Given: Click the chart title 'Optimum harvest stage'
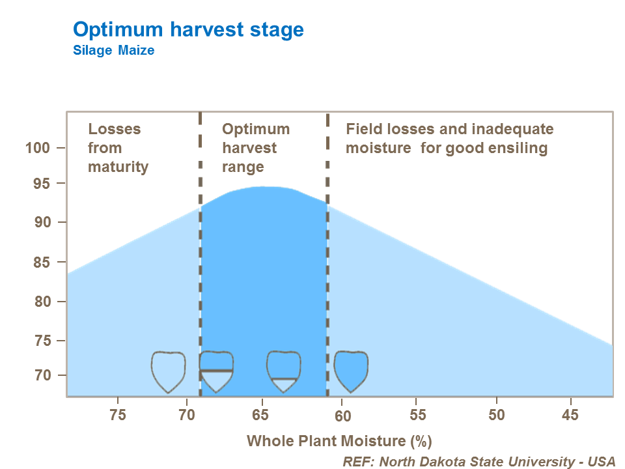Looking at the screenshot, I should pyautogui.click(x=188, y=29).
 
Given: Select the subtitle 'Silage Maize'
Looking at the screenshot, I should pyautogui.click(x=113, y=50).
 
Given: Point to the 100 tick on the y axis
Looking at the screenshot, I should pyautogui.click(x=38, y=148).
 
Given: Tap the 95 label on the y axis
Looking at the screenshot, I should pyautogui.click(x=42, y=184).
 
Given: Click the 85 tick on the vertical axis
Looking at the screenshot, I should pyautogui.click(x=42, y=263).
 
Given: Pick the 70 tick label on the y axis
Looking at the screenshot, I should pyautogui.click(x=42, y=376).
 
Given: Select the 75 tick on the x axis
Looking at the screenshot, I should pyautogui.click(x=117, y=415).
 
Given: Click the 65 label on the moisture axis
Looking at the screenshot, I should pyautogui.click(x=261, y=415).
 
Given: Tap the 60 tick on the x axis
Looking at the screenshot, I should pyautogui.click(x=344, y=415).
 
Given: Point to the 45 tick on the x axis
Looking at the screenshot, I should pyautogui.click(x=571, y=415).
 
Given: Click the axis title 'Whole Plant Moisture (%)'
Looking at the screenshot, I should pyautogui.click(x=339, y=441).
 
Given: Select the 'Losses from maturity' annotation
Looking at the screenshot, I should pyautogui.click(x=118, y=148).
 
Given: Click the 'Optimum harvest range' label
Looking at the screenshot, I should pyautogui.click(x=256, y=148).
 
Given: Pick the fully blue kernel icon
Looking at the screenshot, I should pyautogui.click(x=351, y=370).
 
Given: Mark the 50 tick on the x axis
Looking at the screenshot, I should pyautogui.click(x=497, y=415).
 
